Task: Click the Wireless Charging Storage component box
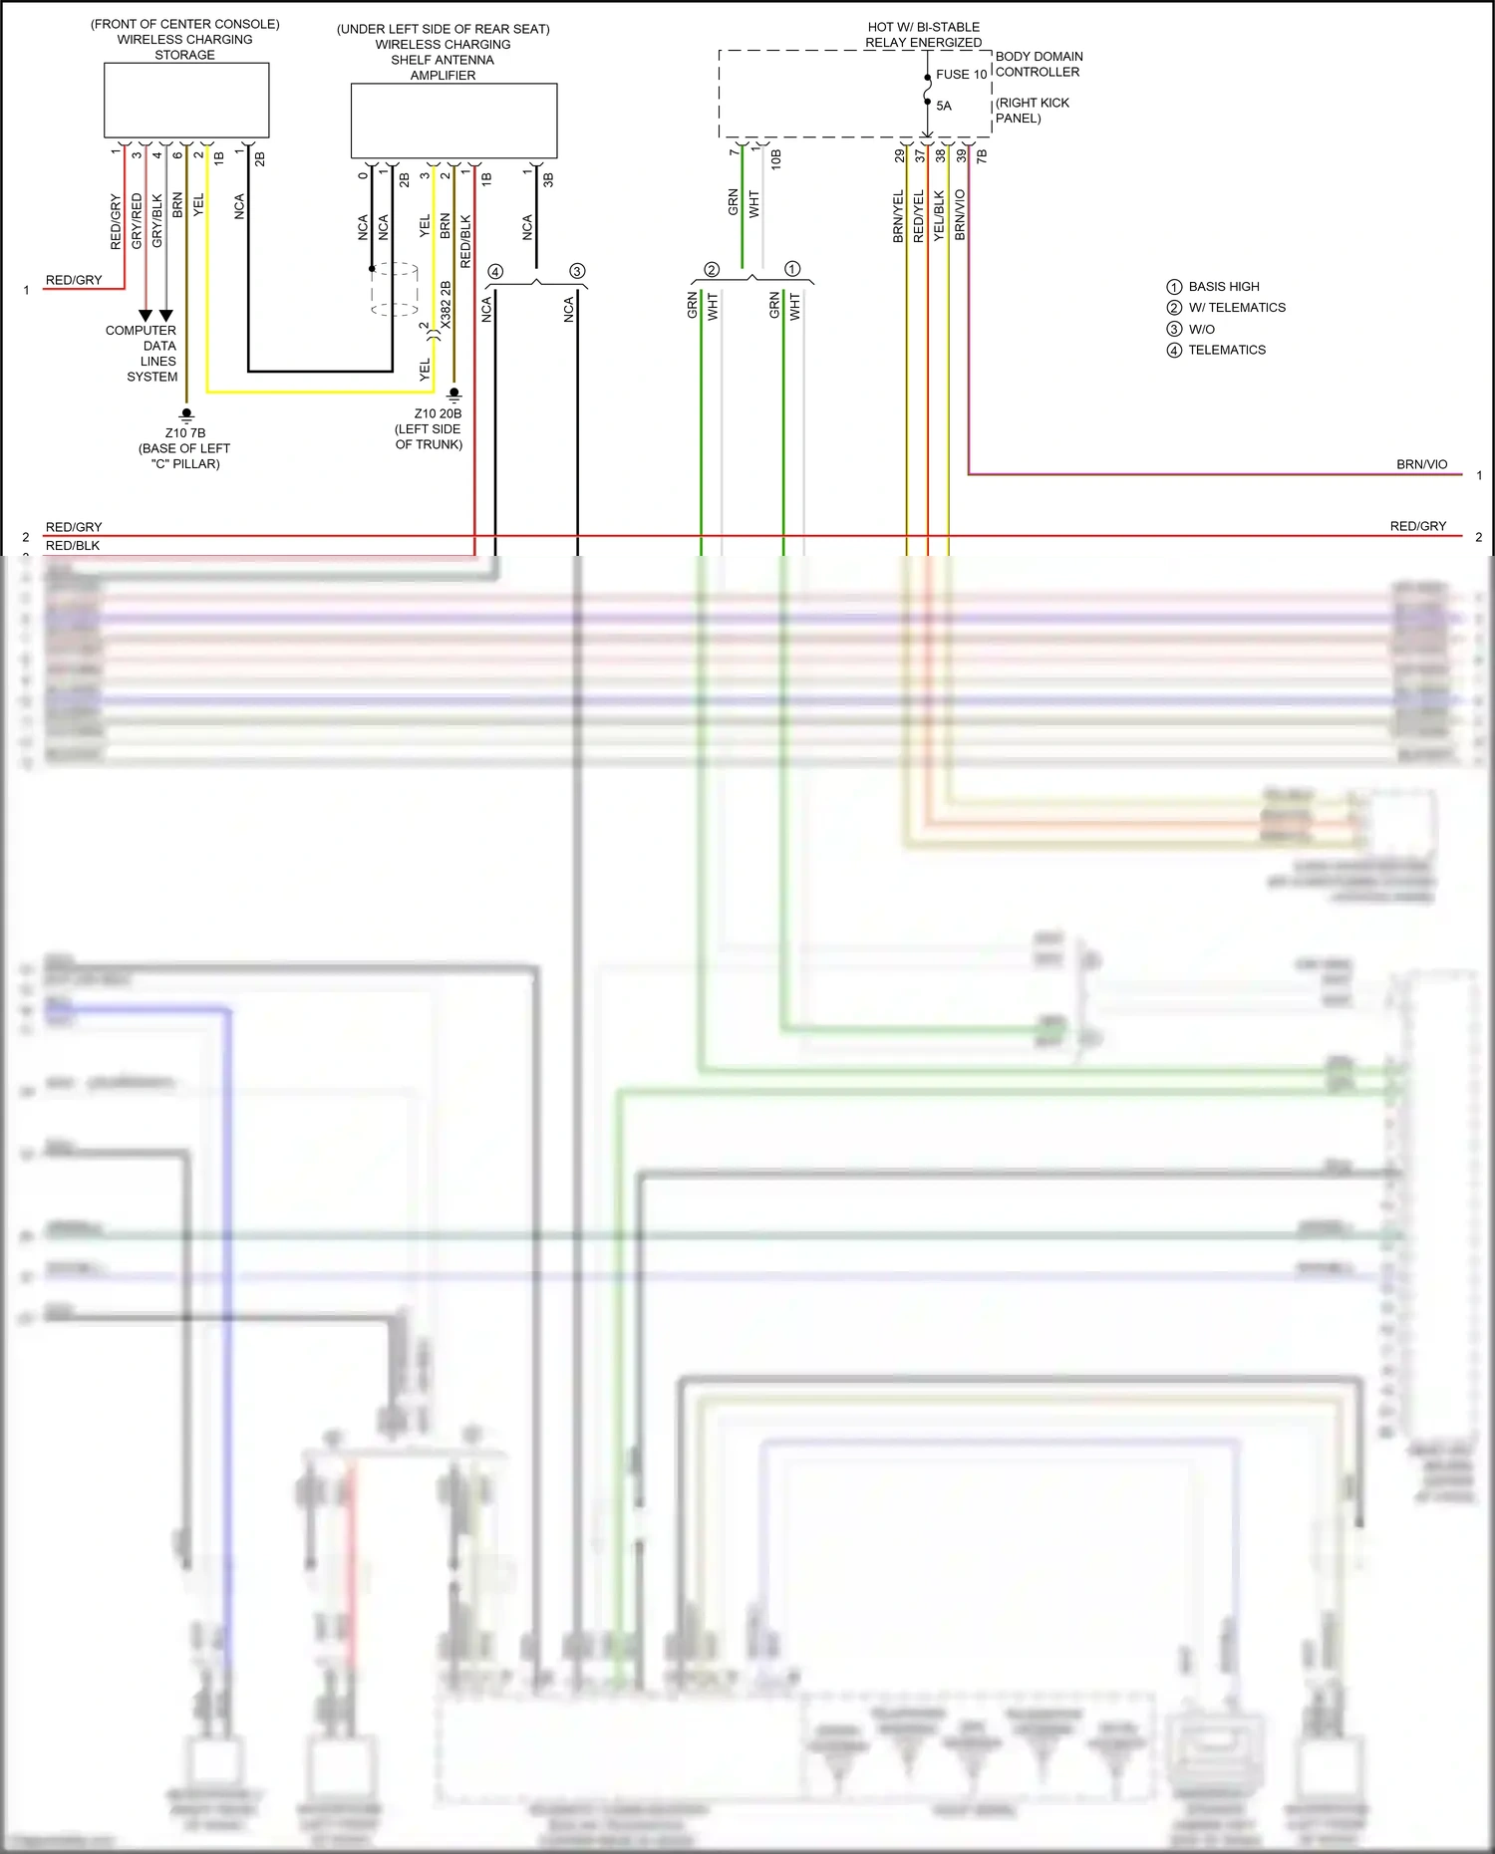coord(186,100)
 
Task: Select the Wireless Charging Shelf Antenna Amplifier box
coord(453,121)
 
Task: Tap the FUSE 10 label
coord(961,75)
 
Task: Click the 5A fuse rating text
coord(944,106)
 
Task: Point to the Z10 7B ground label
coord(185,432)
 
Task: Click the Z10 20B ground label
coord(438,413)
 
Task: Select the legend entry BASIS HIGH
coord(1223,286)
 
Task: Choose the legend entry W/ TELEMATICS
coord(1236,308)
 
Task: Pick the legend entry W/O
coord(1201,329)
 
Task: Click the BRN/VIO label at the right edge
coord(1421,464)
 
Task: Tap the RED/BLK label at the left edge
coord(73,546)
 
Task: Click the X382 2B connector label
coord(446,305)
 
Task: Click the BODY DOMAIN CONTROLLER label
coord(1039,64)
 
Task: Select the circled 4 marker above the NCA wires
coord(495,271)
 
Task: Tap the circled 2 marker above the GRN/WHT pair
coord(712,269)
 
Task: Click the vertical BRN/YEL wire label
coord(898,216)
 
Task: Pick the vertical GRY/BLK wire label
coord(156,220)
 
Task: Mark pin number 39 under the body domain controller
coord(962,156)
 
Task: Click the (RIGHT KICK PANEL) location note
coord(1032,110)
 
